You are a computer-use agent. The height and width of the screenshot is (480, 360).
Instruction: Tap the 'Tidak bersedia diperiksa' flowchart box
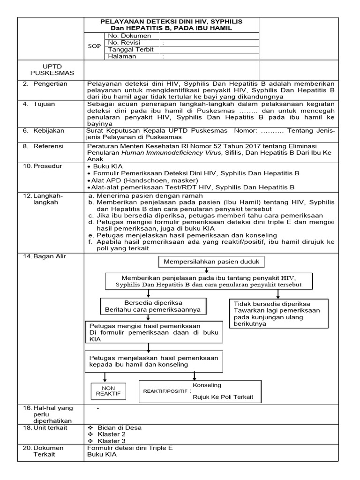pyautogui.click(x=277, y=314)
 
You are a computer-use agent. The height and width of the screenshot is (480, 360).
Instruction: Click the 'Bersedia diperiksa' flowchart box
pyautogui.click(x=153, y=306)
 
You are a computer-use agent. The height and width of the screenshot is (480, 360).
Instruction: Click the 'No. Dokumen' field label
pyautogui.click(x=129, y=36)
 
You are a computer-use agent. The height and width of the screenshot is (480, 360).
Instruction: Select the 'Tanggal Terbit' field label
pyautogui.click(x=131, y=50)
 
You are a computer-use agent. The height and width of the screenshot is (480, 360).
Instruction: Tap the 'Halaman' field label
pyautogui.click(x=122, y=56)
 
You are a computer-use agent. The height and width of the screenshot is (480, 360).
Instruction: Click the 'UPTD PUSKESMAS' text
pyautogui.click(x=46, y=70)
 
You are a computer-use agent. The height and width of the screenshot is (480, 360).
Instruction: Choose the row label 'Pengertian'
pyautogui.click(x=50, y=84)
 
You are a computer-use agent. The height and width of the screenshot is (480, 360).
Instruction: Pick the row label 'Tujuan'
pyautogui.click(x=44, y=104)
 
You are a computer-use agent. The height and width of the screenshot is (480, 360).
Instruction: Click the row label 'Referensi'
pyautogui.click(x=49, y=146)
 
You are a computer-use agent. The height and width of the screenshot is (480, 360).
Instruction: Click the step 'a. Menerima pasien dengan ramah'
pyautogui.click(x=145, y=195)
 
